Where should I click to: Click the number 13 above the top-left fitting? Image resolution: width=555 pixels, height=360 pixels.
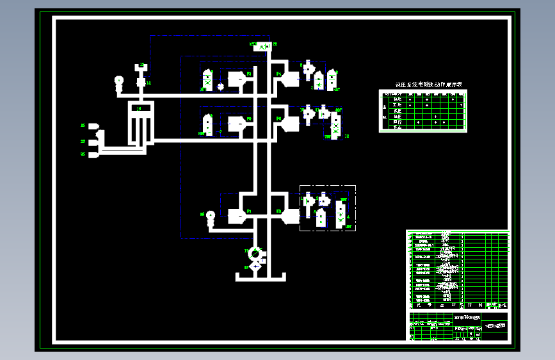click(142, 65)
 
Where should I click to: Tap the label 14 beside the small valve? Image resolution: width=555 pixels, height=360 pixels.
click(149, 83)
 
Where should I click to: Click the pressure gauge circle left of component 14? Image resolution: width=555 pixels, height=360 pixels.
click(118, 81)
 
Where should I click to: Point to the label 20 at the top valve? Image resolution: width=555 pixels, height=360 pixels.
click(275, 44)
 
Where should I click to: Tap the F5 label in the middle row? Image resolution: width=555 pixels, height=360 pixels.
click(248, 119)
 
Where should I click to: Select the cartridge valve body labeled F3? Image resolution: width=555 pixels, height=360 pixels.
click(237, 79)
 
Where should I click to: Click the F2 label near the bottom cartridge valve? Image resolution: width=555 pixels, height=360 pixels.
click(279, 210)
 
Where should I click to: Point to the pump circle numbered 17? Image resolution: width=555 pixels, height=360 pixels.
click(255, 252)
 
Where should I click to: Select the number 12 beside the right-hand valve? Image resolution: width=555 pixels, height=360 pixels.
click(347, 136)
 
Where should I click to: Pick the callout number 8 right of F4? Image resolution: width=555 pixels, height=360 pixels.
click(302, 65)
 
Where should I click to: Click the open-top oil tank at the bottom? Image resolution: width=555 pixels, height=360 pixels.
click(259, 276)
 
